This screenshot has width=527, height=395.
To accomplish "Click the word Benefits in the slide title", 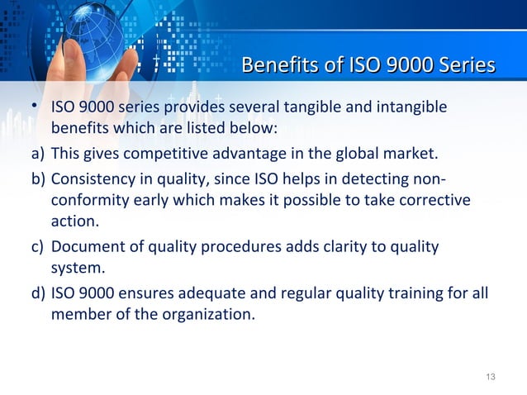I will click(273, 65).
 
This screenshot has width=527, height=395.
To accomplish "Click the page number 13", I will click(490, 378).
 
